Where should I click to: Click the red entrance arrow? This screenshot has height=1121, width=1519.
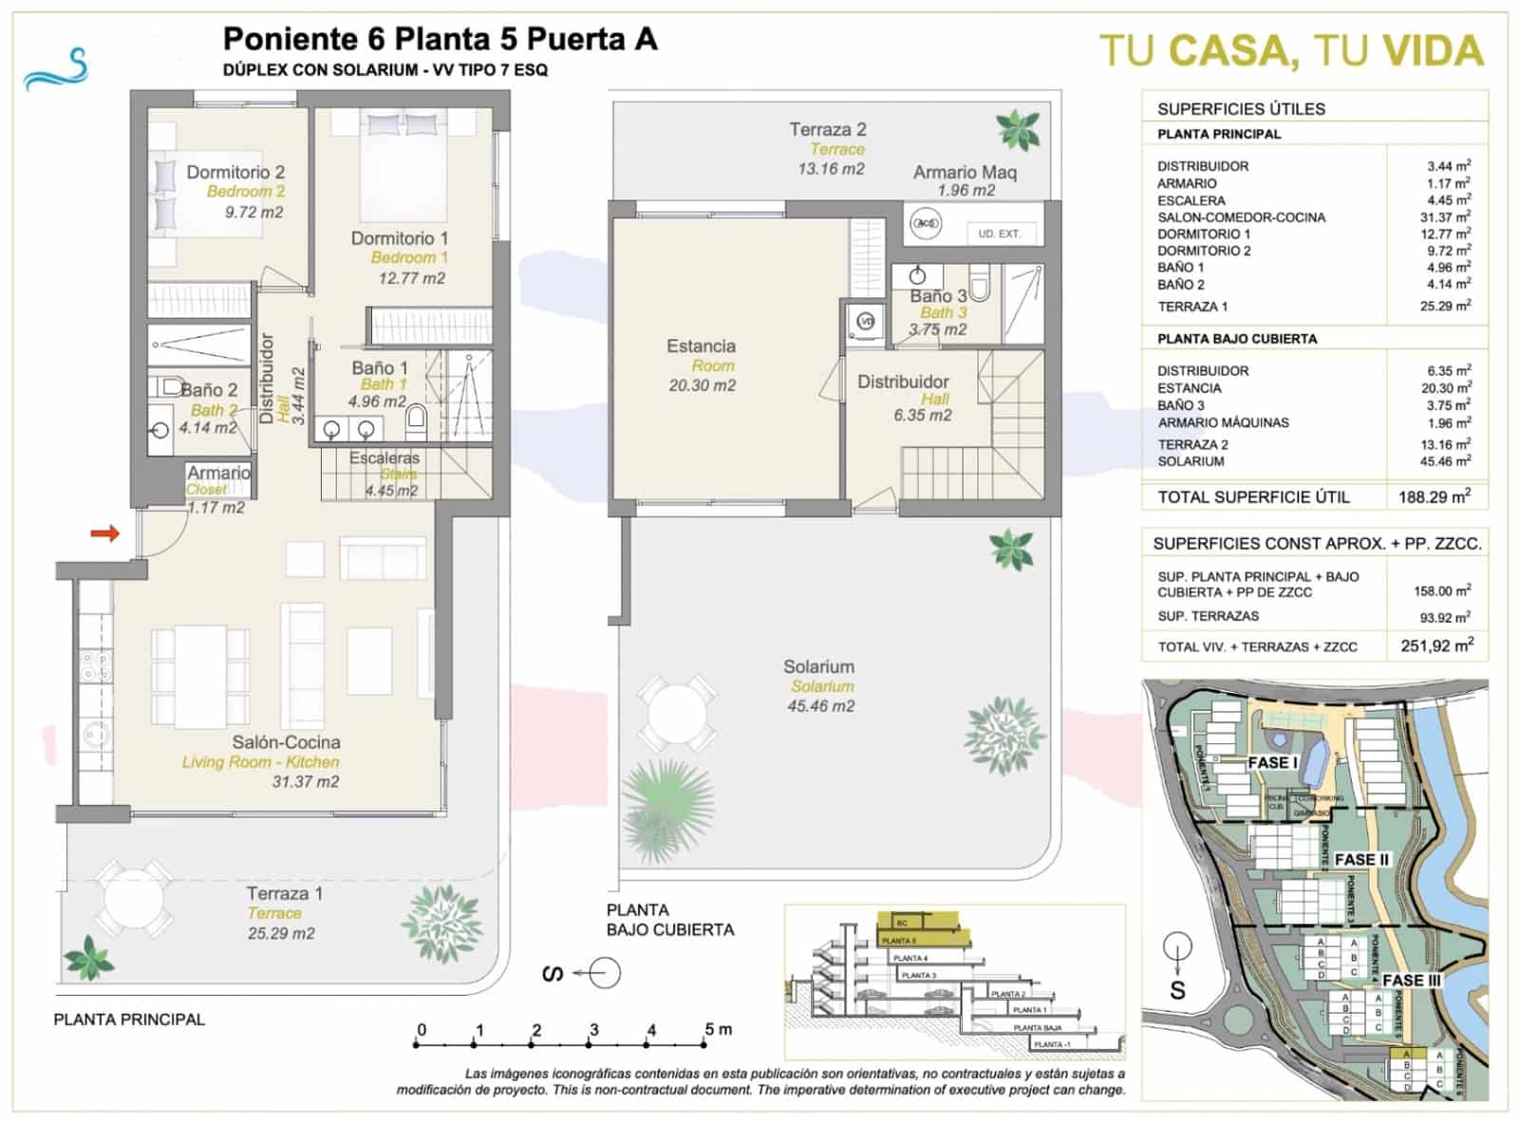click(104, 533)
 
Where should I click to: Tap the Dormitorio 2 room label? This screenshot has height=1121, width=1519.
click(235, 173)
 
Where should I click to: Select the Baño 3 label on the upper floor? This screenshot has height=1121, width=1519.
click(937, 296)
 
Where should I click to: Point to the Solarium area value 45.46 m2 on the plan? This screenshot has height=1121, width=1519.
click(820, 706)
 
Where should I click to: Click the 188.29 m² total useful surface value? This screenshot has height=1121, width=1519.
click(1435, 496)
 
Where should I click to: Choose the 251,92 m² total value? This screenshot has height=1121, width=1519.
click(1436, 646)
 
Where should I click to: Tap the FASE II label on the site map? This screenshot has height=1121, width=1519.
click(1360, 860)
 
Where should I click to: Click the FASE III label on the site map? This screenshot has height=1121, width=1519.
click(1411, 981)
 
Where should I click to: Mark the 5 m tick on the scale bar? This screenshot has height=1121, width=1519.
click(705, 1044)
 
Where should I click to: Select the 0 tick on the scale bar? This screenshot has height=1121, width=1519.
click(417, 1044)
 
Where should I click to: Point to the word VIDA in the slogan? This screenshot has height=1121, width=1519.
click(1432, 51)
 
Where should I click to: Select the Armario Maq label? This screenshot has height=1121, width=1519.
click(965, 173)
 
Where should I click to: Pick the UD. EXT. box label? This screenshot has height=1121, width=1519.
click(999, 234)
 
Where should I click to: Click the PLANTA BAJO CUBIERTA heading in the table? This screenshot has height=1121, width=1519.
click(1236, 339)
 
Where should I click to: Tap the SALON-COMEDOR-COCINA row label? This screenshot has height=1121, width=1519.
click(1241, 217)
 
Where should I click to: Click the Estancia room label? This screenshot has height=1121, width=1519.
click(701, 346)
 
